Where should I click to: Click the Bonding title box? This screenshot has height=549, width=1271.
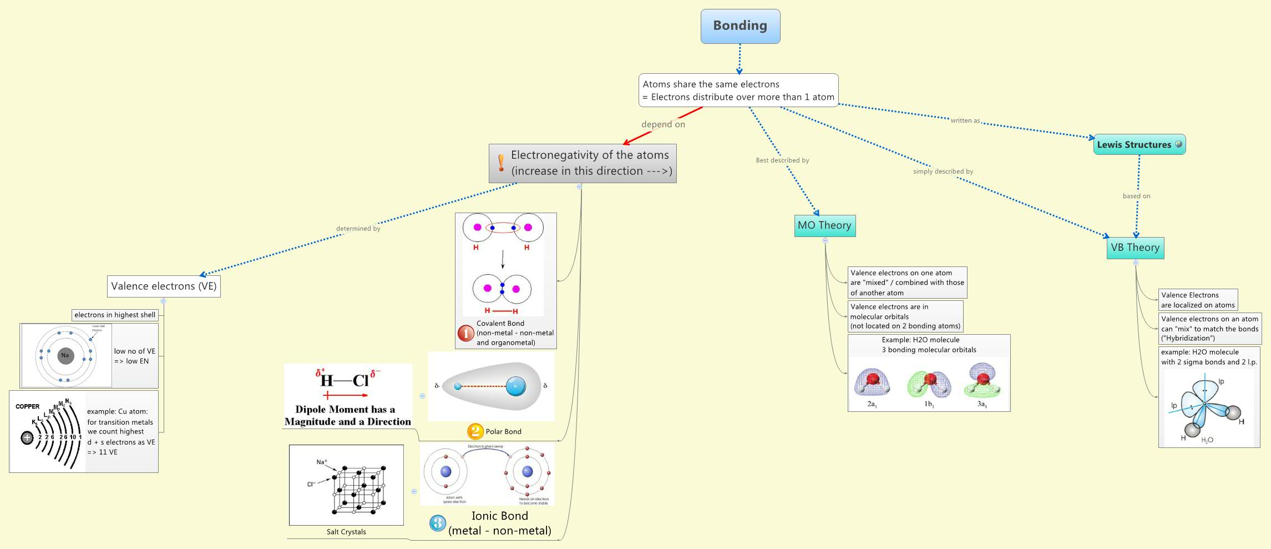point(740,26)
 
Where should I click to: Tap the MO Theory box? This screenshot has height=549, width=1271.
point(824,225)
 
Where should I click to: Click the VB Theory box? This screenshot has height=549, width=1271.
point(1135,248)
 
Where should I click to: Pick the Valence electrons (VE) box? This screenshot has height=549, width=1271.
point(164,286)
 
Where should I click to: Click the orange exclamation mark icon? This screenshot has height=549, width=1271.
point(501,163)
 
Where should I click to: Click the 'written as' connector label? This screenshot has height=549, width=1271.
point(965,120)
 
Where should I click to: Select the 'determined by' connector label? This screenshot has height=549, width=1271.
point(358,228)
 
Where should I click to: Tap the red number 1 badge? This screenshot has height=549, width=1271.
point(465,333)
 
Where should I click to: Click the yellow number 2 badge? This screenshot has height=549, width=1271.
point(475,431)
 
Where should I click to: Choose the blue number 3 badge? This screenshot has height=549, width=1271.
point(438,523)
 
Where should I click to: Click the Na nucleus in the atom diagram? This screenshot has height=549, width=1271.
point(65,355)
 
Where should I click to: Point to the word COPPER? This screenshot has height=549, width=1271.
point(28,406)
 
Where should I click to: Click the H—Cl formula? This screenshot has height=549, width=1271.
point(345,380)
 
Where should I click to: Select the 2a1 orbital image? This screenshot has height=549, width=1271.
point(872,382)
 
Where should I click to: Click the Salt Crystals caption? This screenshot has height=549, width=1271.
point(346,532)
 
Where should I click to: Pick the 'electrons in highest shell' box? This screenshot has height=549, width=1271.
point(115,315)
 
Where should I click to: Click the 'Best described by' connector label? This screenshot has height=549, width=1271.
point(782,160)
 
